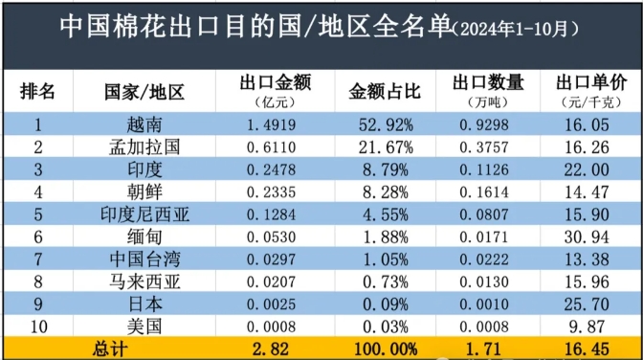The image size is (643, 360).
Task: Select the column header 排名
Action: pyautogui.click(x=37, y=91)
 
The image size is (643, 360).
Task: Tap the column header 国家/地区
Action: pyautogui.click(x=144, y=92)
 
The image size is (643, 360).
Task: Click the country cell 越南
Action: pyautogui.click(x=144, y=124)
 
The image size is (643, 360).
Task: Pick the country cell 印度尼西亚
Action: pyautogui.click(x=144, y=214)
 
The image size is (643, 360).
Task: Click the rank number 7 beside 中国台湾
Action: pyautogui.click(x=37, y=259)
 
